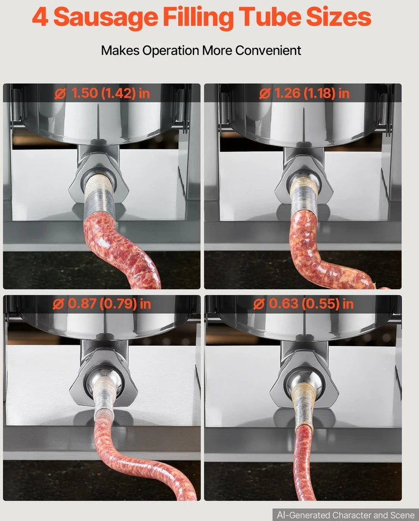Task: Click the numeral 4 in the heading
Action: (40, 17)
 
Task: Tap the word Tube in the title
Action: (270, 17)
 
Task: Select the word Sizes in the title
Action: (339, 17)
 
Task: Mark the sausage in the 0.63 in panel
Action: (304, 465)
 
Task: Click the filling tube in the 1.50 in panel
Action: (99, 196)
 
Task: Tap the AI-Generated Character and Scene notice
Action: (346, 515)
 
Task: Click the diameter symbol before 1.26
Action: (265, 94)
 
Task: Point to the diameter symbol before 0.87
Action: (59, 304)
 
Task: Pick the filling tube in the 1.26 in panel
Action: (304, 196)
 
